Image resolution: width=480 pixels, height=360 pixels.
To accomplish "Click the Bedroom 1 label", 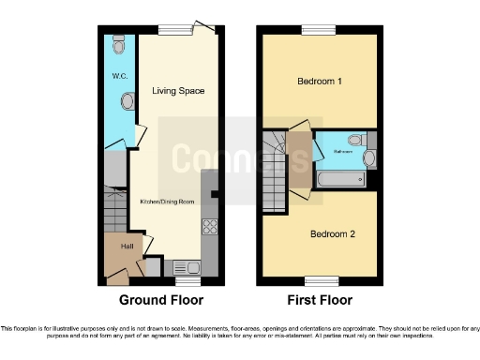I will coord(319,82).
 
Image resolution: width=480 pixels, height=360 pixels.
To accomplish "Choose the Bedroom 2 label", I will coord(319,233).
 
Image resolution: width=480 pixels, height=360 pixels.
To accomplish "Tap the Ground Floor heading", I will coord(160,301).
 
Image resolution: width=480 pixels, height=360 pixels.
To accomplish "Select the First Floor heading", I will coord(319,301).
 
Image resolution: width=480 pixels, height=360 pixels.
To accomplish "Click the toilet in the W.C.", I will coord(117,45).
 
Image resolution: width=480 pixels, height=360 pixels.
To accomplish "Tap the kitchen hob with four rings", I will coord(210,228).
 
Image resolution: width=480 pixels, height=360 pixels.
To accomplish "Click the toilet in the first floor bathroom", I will coord(367,158).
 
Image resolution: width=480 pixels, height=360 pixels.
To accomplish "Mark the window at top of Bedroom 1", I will coord(319,30).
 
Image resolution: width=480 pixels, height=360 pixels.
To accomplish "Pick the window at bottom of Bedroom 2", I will coord(319,279).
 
